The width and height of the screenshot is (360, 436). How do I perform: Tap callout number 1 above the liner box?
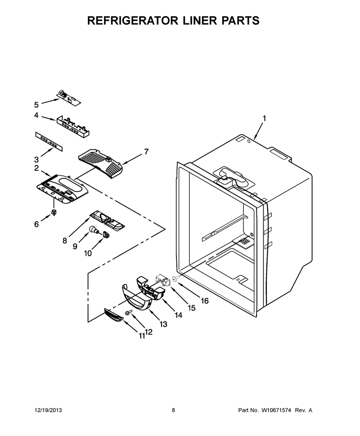(x=264, y=119)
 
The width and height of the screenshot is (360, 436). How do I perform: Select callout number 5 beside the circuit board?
(x=36, y=105)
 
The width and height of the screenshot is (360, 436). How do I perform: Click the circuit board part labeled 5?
(x=69, y=98)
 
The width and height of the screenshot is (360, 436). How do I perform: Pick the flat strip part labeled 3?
(x=49, y=142)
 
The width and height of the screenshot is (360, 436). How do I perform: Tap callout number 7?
(x=146, y=152)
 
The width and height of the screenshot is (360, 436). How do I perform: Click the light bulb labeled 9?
(x=94, y=230)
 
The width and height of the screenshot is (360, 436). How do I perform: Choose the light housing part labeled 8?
(x=107, y=221)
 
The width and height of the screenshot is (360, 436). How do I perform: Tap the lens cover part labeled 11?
(x=113, y=315)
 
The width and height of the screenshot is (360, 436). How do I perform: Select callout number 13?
(x=163, y=324)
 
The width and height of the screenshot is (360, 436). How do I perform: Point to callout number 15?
(x=192, y=308)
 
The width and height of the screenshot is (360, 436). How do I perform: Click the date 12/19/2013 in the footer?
(x=48, y=410)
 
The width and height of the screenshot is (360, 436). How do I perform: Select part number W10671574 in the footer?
(x=276, y=410)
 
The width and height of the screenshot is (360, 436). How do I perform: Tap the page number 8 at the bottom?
(x=173, y=410)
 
